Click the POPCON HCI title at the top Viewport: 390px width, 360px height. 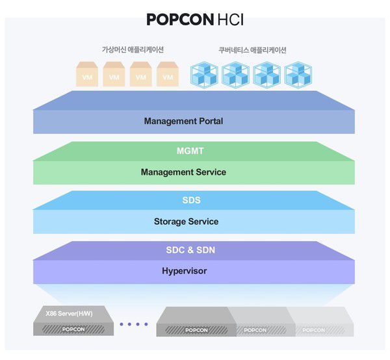[194, 19]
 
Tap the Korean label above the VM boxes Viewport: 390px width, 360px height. [133, 50]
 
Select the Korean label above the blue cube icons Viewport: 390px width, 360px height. [252, 50]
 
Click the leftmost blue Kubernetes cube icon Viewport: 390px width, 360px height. [203, 75]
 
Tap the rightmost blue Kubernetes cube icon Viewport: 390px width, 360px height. [298, 75]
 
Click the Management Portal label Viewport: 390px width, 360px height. [183, 121]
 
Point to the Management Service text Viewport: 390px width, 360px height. [183, 172]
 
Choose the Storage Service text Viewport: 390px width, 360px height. [186, 222]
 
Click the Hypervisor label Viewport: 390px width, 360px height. [184, 270]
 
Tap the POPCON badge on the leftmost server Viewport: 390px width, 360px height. [72, 329]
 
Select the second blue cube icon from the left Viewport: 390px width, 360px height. [235, 75]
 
